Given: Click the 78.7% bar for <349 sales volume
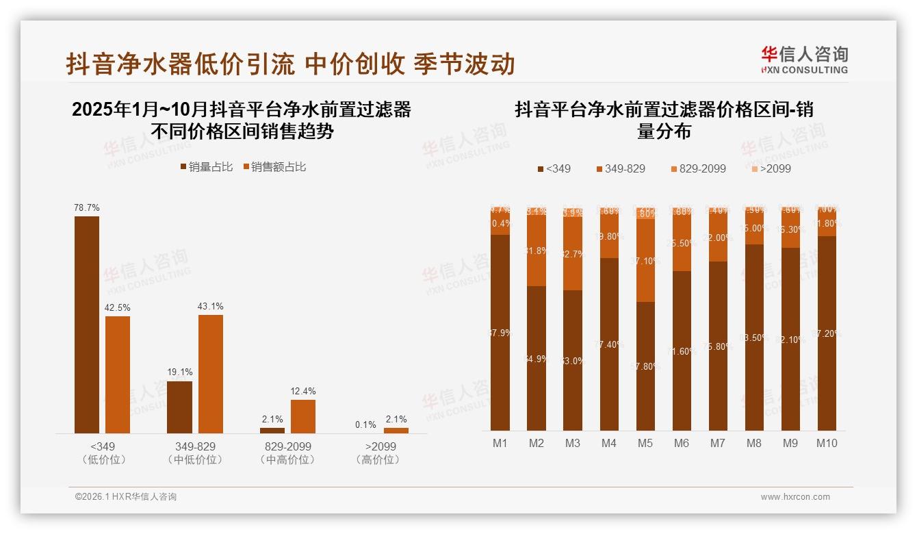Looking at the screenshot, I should tap(87, 325).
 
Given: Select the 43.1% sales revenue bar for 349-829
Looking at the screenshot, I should tap(211, 374).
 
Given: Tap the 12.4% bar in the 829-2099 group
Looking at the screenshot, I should tap(303, 416).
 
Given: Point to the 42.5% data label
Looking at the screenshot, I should tap(117, 308).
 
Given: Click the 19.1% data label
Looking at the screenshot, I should tap(180, 372).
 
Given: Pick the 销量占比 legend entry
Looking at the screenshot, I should tap(207, 167).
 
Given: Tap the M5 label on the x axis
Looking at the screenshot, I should tap(645, 444).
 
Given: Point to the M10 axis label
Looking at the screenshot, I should tap(827, 444).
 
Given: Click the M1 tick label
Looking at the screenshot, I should tap(500, 444).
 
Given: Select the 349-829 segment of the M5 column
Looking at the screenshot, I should tap(645, 261).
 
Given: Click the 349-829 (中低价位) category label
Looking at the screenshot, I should tap(195, 453).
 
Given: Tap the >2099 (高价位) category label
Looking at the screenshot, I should tap(380, 453).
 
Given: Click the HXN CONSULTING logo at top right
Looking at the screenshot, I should tap(805, 60).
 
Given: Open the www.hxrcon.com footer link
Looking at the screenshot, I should tap(795, 497).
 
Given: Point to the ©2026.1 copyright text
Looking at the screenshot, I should tap(126, 497).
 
